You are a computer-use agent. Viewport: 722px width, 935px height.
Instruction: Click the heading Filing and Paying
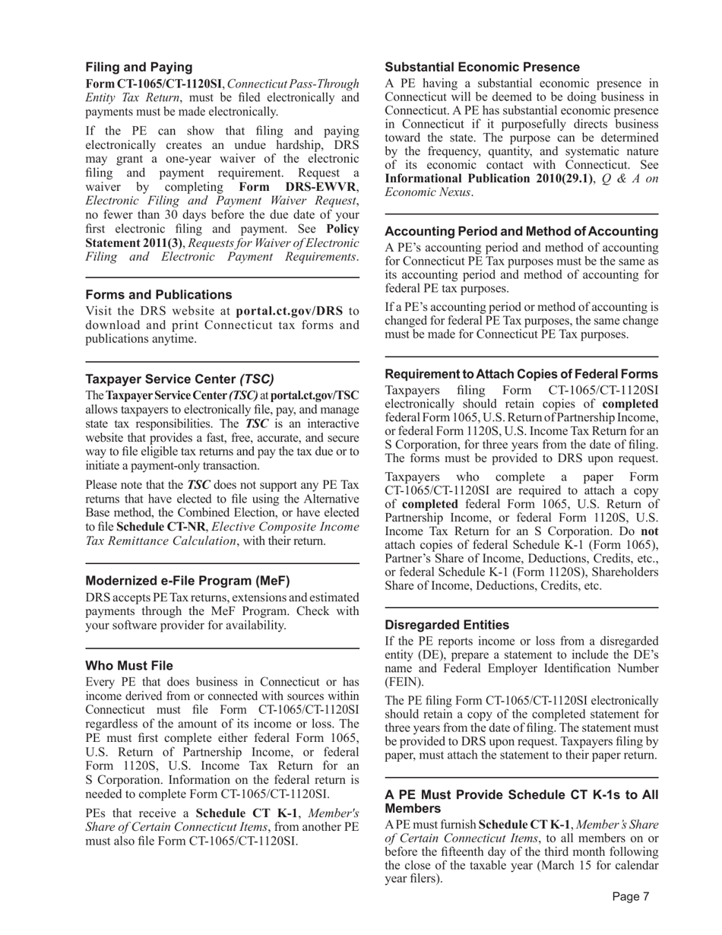point(138,67)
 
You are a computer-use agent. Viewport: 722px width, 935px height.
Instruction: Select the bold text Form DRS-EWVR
point(297,187)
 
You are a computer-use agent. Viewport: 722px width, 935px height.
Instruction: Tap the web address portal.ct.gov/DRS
point(290,311)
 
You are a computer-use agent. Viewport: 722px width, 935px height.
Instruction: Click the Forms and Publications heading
point(158,294)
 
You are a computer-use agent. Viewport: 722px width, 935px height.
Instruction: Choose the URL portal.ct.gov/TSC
point(315,395)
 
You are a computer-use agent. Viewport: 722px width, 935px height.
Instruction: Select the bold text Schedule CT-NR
point(159,526)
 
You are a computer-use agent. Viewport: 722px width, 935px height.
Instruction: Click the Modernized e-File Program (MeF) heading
point(188,581)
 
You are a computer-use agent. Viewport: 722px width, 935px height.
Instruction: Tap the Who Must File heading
point(129,665)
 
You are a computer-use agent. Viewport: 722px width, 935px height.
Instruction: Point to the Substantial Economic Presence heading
point(482,67)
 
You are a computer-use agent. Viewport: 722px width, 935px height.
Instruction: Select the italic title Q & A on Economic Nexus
point(521,185)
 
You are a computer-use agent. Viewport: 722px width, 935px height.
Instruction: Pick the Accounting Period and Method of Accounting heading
point(521,231)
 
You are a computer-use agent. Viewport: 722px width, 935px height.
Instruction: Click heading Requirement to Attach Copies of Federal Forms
point(521,374)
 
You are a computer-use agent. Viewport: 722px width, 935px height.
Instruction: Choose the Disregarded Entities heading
point(447,625)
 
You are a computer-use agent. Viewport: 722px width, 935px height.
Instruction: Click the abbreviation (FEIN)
point(404,682)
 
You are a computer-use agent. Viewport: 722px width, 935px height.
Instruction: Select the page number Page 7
point(631,896)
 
